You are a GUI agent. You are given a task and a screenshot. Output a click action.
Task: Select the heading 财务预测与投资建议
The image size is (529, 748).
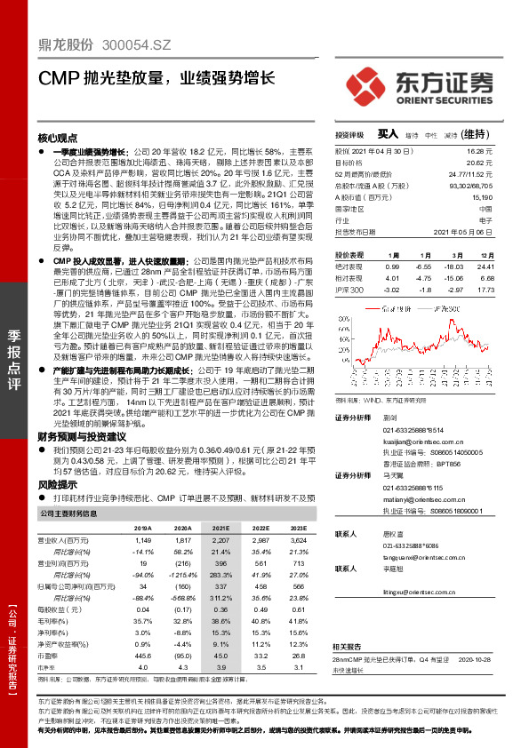(81, 436)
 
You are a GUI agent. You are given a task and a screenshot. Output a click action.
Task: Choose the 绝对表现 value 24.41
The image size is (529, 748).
(484, 266)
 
